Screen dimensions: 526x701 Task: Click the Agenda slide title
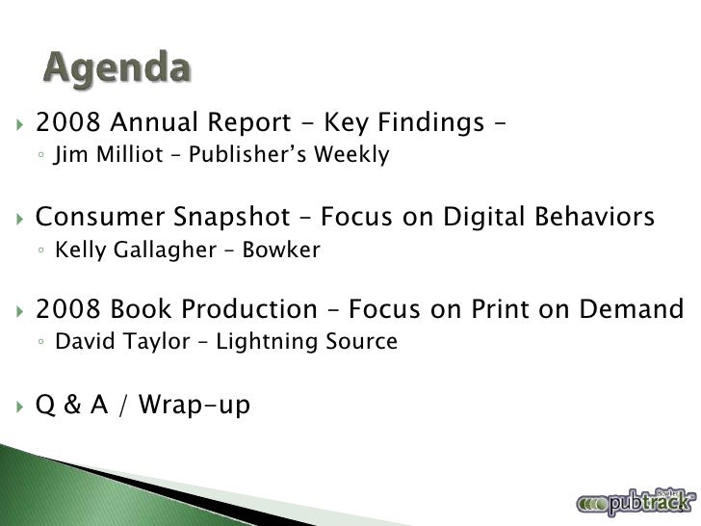point(117,68)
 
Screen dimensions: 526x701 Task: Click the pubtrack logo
point(636,501)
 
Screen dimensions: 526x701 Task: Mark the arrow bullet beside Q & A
point(20,407)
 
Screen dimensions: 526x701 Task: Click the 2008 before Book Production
point(67,310)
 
